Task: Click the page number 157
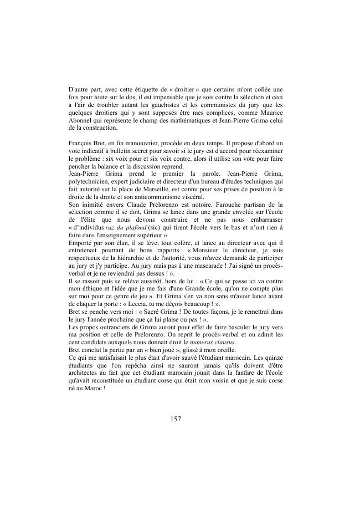[x=176, y=419]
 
